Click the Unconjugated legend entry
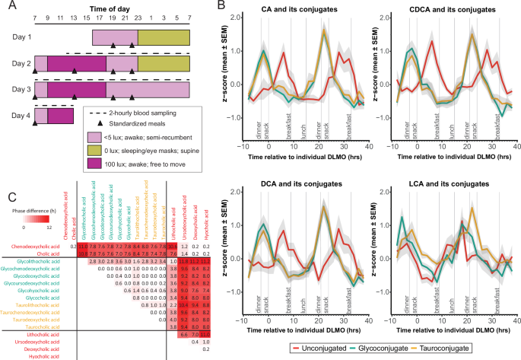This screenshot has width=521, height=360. click(x=315, y=348)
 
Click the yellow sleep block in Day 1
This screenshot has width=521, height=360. click(x=161, y=37)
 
